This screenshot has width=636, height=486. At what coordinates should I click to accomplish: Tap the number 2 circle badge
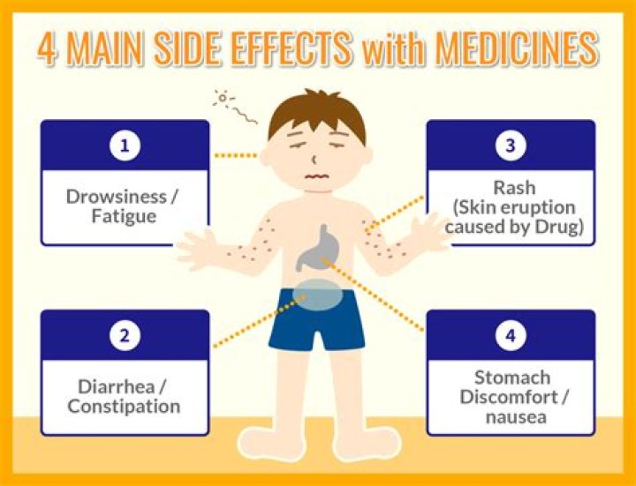tap(125, 335)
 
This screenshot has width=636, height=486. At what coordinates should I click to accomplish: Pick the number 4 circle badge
tap(511, 335)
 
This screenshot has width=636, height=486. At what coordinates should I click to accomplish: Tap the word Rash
tap(511, 188)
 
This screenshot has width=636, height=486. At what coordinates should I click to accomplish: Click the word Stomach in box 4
tap(511, 378)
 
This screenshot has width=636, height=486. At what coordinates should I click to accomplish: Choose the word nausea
tap(511, 416)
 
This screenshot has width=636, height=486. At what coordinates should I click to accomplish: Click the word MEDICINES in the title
tap(513, 49)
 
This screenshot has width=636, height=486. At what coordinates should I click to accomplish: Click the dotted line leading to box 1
tap(236, 155)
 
